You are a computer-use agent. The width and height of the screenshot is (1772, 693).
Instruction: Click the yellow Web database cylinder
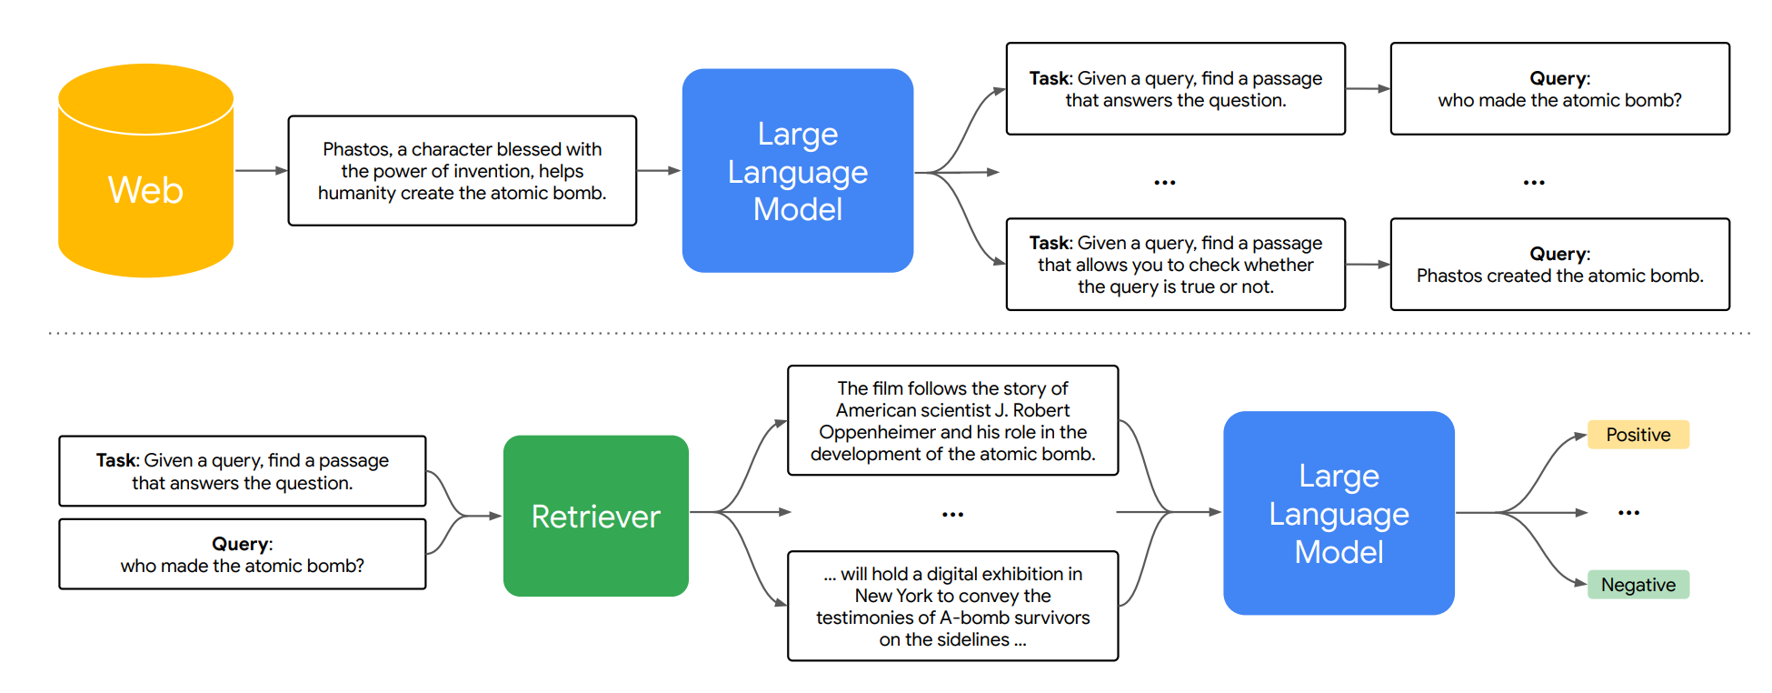(x=145, y=170)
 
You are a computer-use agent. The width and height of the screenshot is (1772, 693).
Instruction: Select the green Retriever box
(x=596, y=516)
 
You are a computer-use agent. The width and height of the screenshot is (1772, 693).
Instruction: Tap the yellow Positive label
(x=1638, y=435)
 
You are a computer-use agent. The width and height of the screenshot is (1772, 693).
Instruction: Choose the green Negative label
(x=1638, y=585)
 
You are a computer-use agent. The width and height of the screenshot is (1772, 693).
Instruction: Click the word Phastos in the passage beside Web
(x=356, y=149)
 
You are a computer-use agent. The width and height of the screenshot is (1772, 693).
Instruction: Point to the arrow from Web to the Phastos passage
(x=262, y=170)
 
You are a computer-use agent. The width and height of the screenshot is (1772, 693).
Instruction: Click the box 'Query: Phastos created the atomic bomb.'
(x=1559, y=265)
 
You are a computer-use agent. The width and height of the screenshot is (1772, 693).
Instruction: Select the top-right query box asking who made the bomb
(x=1559, y=89)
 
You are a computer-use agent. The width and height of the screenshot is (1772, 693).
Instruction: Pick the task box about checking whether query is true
(x=1176, y=265)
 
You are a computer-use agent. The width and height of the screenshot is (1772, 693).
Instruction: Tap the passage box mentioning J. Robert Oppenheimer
(x=952, y=420)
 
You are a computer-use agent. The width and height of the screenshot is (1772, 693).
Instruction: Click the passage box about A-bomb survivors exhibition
(x=952, y=606)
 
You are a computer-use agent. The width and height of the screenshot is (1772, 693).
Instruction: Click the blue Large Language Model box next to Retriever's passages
(x=1339, y=513)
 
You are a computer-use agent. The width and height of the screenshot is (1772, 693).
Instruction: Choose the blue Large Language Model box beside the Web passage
(x=798, y=171)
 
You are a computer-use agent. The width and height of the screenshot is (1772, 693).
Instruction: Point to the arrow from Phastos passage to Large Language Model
(x=659, y=170)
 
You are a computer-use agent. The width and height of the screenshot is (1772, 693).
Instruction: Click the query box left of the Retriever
(x=243, y=554)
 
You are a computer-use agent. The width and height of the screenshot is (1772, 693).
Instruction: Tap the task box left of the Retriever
(x=243, y=471)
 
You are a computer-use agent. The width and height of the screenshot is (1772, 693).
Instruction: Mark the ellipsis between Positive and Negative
(x=1628, y=513)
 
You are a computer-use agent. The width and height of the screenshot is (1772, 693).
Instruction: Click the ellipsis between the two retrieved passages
(x=952, y=515)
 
